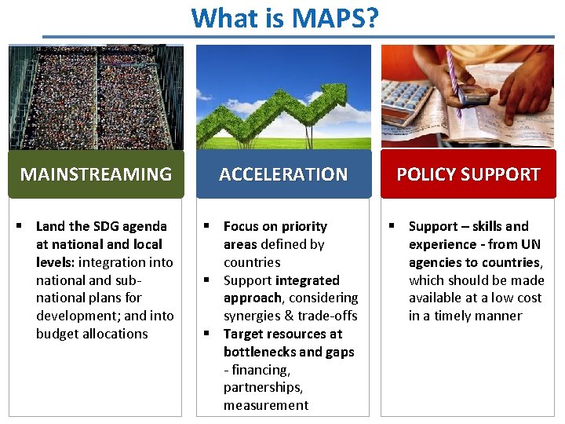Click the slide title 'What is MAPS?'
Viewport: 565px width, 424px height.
tap(284, 17)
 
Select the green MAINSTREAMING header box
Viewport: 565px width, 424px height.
tap(96, 174)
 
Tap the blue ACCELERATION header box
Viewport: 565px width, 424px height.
tap(282, 174)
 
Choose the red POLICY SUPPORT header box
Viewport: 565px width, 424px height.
tap(468, 174)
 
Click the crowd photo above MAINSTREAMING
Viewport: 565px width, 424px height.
tap(96, 97)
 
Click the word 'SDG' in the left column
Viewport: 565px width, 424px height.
tap(101, 226)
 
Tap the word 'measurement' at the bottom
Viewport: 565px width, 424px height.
tap(266, 406)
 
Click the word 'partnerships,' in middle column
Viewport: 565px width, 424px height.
tap(263, 388)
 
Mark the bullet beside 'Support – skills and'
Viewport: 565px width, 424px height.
tap(394, 226)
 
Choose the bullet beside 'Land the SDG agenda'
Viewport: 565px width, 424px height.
tap(21, 226)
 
